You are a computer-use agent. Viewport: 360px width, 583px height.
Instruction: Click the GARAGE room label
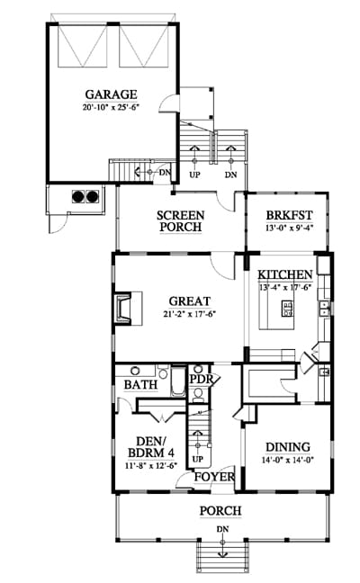coord(112,94)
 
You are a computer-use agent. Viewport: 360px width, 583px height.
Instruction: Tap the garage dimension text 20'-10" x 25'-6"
coord(112,108)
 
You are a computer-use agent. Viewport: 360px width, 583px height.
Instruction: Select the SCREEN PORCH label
coord(180,221)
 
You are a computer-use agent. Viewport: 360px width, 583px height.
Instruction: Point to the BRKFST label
coord(289,215)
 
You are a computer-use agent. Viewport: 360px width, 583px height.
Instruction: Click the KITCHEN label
coord(285,274)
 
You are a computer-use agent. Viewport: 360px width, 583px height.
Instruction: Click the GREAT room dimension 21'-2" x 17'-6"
coord(190,314)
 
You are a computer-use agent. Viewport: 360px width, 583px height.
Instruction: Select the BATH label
coord(140,385)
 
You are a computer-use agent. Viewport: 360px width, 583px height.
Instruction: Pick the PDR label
coord(202,380)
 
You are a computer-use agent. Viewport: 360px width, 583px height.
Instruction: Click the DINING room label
coord(288,447)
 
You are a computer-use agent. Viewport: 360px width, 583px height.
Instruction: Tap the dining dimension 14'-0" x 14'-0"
coord(288,460)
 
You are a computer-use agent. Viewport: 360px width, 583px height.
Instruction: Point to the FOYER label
coord(214,477)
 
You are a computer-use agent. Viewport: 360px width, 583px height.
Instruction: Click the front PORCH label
coord(220,511)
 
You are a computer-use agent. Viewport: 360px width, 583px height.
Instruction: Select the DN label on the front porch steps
coord(222,529)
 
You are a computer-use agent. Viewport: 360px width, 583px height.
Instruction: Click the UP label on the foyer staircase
coord(198,459)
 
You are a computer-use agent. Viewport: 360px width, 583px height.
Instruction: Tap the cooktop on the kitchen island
coord(287,309)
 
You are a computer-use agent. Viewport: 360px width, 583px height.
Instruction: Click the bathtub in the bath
coord(178,381)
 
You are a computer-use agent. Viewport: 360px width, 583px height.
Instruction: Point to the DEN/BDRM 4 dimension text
coord(150,465)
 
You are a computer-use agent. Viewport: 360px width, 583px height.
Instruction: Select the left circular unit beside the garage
coord(78,196)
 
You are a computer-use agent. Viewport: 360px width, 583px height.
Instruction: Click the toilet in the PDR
coord(199,395)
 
